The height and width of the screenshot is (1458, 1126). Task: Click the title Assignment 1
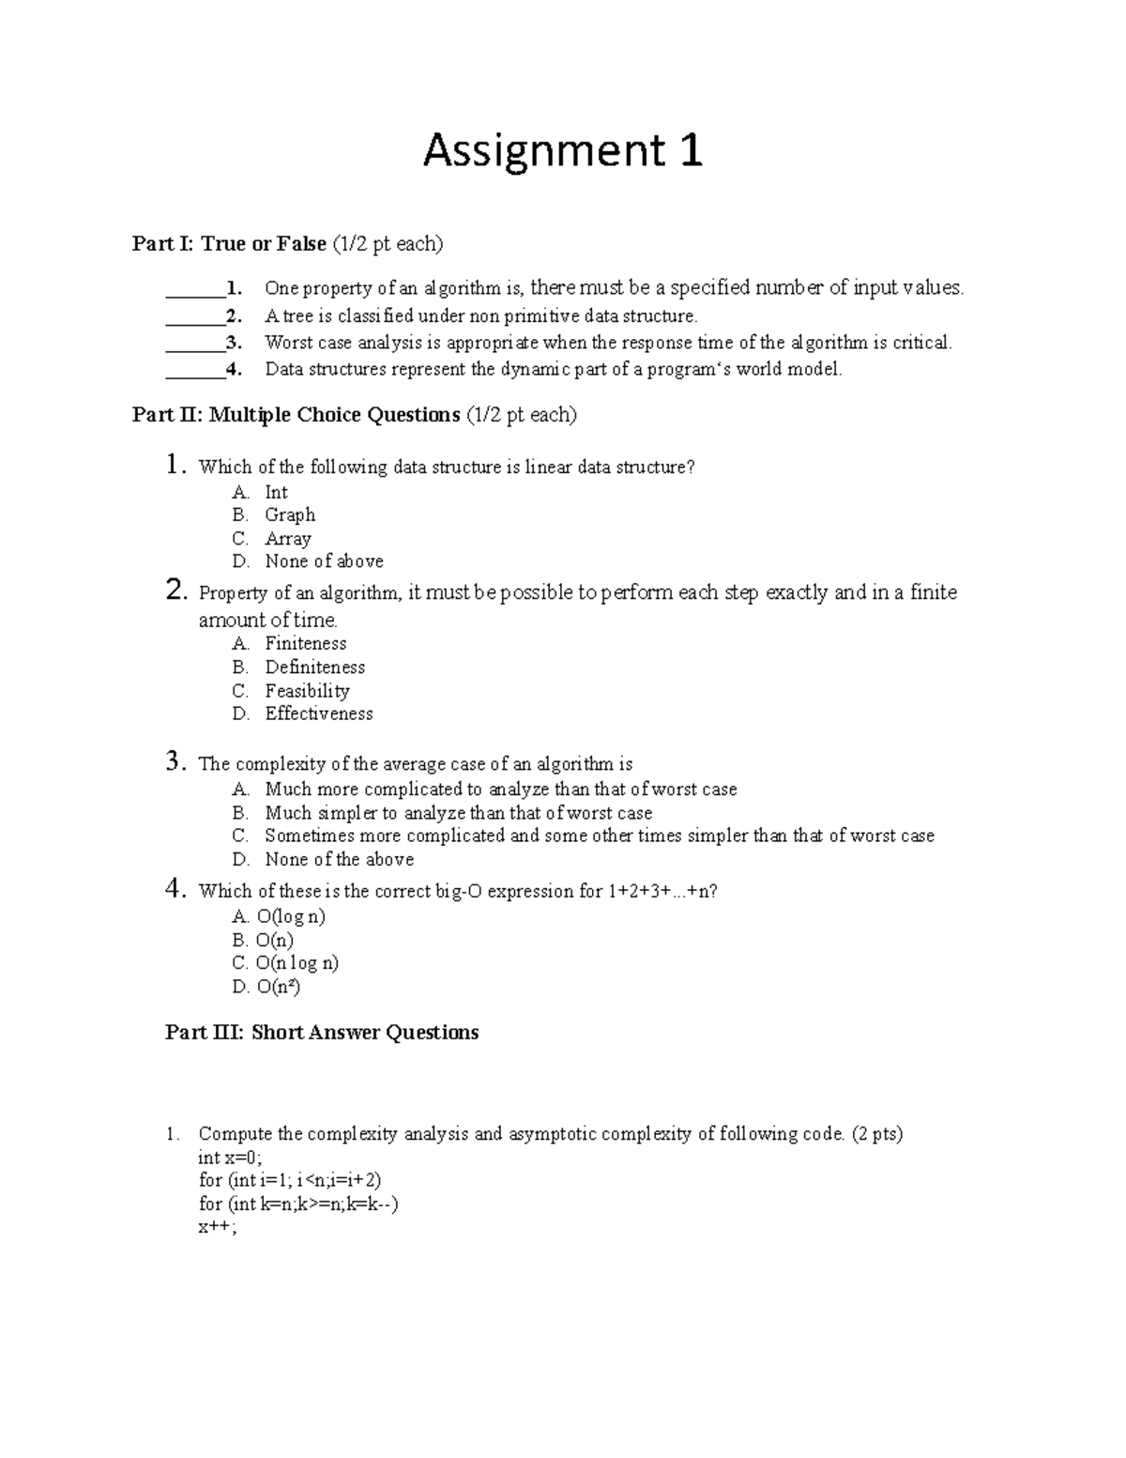point(562,151)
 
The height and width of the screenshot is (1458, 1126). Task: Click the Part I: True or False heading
point(287,244)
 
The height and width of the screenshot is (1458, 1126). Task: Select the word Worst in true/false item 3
point(287,343)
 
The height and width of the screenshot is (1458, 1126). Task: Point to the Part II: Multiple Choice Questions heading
point(354,415)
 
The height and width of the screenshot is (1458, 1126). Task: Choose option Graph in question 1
point(290,515)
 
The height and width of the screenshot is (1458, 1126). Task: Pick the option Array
point(287,539)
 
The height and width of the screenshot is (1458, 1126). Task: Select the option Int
point(276,493)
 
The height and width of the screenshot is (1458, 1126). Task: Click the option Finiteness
point(305,644)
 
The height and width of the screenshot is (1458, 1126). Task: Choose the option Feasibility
point(307,691)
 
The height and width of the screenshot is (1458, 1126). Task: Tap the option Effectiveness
point(318,714)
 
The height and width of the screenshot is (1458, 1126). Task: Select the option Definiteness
point(314,668)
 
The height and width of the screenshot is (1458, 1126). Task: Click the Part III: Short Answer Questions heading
point(322,1033)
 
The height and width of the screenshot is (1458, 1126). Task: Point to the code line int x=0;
point(230,1158)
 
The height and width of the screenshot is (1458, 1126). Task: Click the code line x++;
point(217,1227)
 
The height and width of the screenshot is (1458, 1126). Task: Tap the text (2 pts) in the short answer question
point(876,1134)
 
